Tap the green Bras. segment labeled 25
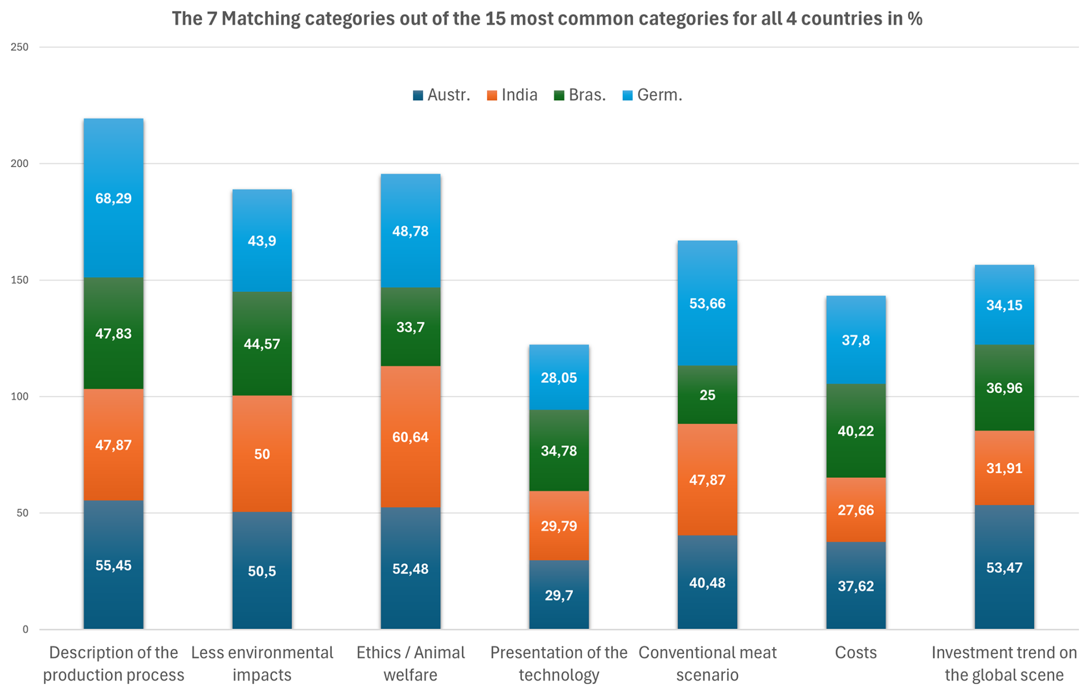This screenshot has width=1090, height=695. [x=707, y=395]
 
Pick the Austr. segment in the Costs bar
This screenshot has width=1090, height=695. [x=856, y=586]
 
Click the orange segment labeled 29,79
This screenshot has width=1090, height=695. [x=559, y=525]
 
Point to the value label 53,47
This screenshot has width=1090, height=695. [x=1004, y=568]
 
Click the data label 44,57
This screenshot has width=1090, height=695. [x=262, y=344]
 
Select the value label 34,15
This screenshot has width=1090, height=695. [x=1004, y=305]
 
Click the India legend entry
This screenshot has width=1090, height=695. [x=512, y=95]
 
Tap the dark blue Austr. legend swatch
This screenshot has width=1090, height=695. [x=418, y=96]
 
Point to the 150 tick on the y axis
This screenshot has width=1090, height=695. [x=20, y=280]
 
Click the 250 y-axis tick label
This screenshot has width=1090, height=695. [x=20, y=47]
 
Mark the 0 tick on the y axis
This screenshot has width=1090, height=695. [x=25, y=629]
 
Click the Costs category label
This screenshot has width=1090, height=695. [x=856, y=652]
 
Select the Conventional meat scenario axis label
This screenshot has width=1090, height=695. [x=707, y=663]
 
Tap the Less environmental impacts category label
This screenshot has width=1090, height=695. [x=262, y=663]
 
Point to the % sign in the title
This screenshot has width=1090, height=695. [x=915, y=19]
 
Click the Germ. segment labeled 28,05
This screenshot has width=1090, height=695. [x=559, y=378]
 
